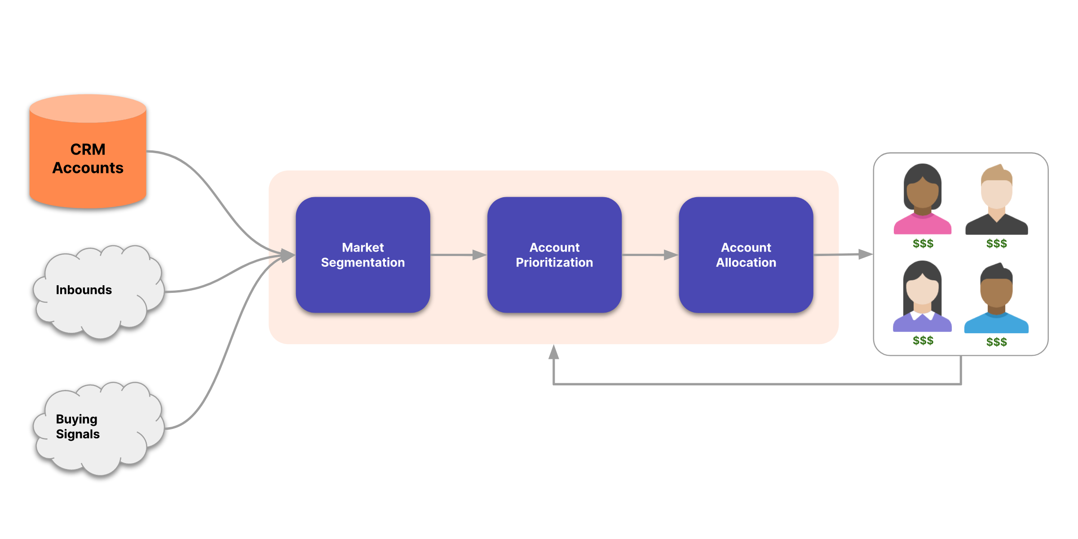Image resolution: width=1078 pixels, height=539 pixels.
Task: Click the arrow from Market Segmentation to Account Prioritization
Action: coord(458,255)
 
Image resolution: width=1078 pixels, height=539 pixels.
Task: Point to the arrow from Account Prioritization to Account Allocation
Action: coord(649,255)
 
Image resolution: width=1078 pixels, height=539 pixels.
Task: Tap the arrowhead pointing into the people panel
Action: coord(865,254)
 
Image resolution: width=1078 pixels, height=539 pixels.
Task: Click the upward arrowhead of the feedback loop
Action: coord(554,353)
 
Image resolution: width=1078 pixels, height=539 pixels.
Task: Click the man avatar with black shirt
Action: coord(997,200)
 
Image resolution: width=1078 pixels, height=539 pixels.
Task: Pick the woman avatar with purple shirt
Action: coord(923,296)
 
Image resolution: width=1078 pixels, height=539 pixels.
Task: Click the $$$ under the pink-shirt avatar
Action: coord(923,243)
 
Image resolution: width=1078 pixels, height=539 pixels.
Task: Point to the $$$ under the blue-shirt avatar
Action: coord(997,342)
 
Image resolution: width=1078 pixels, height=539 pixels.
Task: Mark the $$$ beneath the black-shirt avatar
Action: coord(997,243)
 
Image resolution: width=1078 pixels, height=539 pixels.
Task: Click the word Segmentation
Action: coord(363,263)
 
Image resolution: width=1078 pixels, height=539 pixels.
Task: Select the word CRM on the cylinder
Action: coord(88,149)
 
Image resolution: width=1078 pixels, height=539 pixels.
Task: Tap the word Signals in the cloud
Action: coord(78,434)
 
